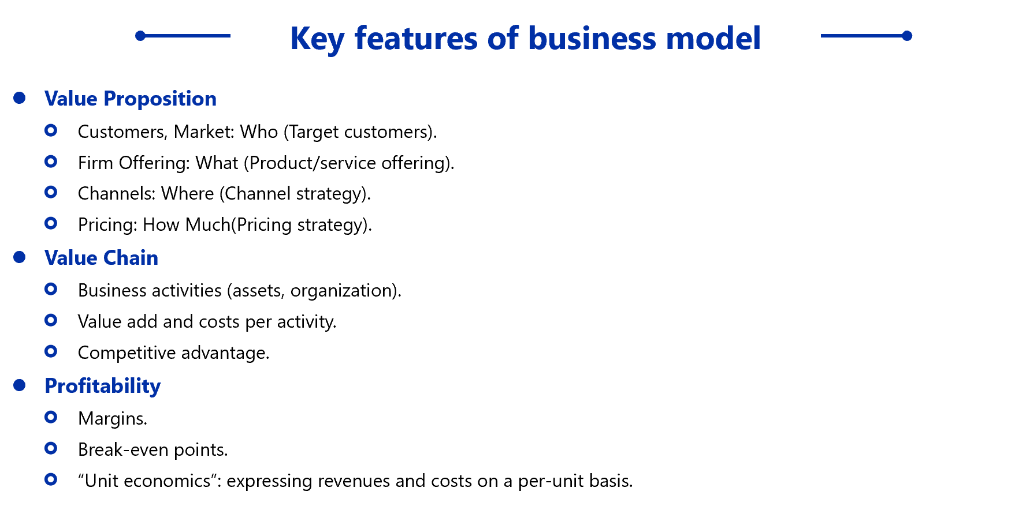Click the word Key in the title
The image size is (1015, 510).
coord(317,39)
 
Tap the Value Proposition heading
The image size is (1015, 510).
coord(131,99)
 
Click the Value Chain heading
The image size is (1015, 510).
coord(102,258)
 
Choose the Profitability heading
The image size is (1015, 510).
coord(103,387)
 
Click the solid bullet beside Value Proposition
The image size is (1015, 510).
coord(20,98)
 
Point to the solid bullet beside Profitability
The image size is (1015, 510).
coord(20,385)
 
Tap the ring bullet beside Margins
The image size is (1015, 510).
coord(51,417)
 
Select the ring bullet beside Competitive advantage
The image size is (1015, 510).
coord(51,351)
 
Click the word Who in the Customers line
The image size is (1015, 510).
coord(259,132)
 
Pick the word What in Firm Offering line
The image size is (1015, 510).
coord(217,163)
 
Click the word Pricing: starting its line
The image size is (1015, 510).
coord(108,225)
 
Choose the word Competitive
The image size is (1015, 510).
coord(127,353)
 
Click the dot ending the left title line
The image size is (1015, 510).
coord(140,36)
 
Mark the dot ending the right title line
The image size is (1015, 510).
coord(907,36)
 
